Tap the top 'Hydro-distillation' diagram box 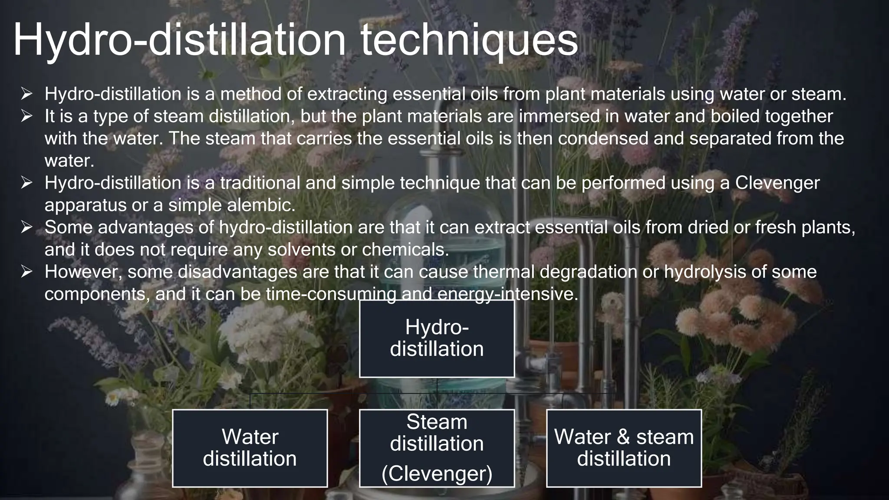(437, 339)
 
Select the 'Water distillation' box (250, 448)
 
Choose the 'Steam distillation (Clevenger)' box (437, 448)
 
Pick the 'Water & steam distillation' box (624, 448)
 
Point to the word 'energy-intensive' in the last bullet (507, 294)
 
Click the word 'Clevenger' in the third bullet (777, 183)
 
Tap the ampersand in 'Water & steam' (623, 437)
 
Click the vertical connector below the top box (437, 385)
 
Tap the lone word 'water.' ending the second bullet (69, 161)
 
